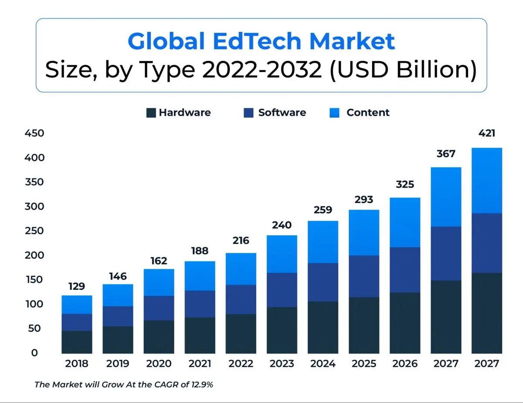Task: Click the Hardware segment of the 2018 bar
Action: click(x=77, y=342)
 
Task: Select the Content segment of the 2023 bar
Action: click(x=282, y=254)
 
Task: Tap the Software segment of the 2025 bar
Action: click(x=364, y=276)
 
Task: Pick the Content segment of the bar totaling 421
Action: click(x=487, y=180)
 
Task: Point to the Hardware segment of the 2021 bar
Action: click(x=200, y=335)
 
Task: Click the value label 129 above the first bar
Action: click(x=77, y=286)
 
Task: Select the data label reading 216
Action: click(x=241, y=241)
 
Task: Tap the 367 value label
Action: click(x=446, y=154)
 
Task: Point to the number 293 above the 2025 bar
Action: click(x=364, y=200)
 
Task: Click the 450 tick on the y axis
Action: click(x=34, y=133)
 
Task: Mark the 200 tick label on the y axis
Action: click(x=34, y=255)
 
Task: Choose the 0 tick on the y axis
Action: click(x=35, y=353)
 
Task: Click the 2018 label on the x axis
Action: click(x=77, y=364)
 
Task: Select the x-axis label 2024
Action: click(x=323, y=364)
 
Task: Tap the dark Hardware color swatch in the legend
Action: click(x=151, y=113)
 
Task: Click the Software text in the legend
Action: click(x=282, y=113)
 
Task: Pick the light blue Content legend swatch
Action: click(x=335, y=113)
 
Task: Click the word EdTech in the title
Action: click(x=257, y=41)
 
